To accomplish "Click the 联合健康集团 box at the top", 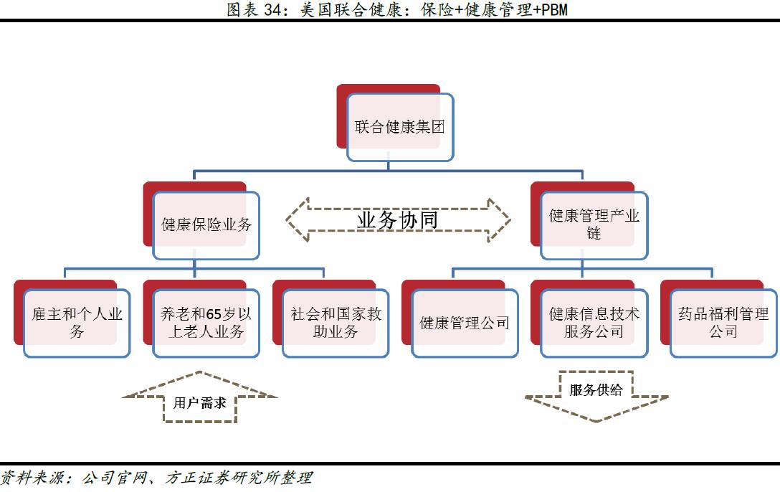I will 399,127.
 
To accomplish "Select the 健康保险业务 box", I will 206,224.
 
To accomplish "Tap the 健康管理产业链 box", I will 594,224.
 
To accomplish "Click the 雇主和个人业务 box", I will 77,323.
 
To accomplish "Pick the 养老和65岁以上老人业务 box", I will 206,323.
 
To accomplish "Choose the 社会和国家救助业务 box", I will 336,323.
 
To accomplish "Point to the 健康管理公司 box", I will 465,323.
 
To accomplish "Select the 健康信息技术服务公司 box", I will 594,323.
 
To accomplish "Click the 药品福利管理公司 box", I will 723,323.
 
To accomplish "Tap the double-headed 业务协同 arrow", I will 398,219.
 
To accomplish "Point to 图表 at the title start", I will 242,9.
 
